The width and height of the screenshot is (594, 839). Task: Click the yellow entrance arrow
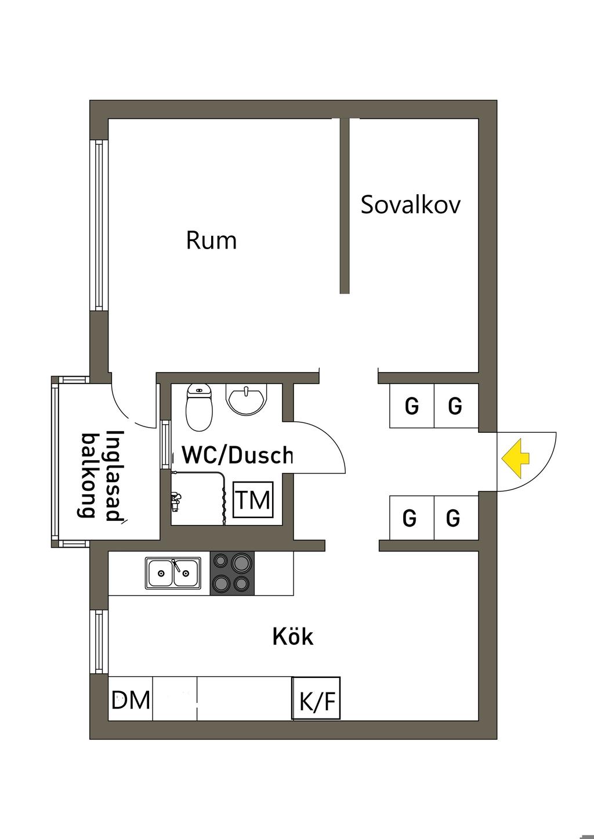[516, 458]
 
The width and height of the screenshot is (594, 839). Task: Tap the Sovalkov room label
[410, 205]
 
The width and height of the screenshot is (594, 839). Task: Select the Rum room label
[211, 240]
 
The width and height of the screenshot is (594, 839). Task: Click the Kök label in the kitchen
[293, 637]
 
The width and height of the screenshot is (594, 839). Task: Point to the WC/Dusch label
[237, 455]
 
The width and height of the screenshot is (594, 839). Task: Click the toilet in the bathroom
[199, 408]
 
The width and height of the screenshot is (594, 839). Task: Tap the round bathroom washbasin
[247, 400]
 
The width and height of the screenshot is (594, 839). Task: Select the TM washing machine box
[253, 499]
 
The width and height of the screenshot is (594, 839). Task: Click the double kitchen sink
[173, 573]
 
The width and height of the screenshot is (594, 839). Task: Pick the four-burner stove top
[232, 573]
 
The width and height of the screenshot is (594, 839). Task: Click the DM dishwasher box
[131, 700]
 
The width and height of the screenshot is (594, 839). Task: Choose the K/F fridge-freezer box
[316, 700]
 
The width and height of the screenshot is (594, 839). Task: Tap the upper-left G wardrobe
[411, 406]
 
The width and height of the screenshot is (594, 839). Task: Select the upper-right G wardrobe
[455, 406]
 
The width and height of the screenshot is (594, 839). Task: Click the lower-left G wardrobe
[410, 517]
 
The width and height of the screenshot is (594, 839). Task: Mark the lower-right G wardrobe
[454, 517]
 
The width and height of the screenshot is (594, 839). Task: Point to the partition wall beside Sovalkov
[345, 206]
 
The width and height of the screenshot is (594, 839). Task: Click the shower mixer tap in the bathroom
[175, 500]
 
